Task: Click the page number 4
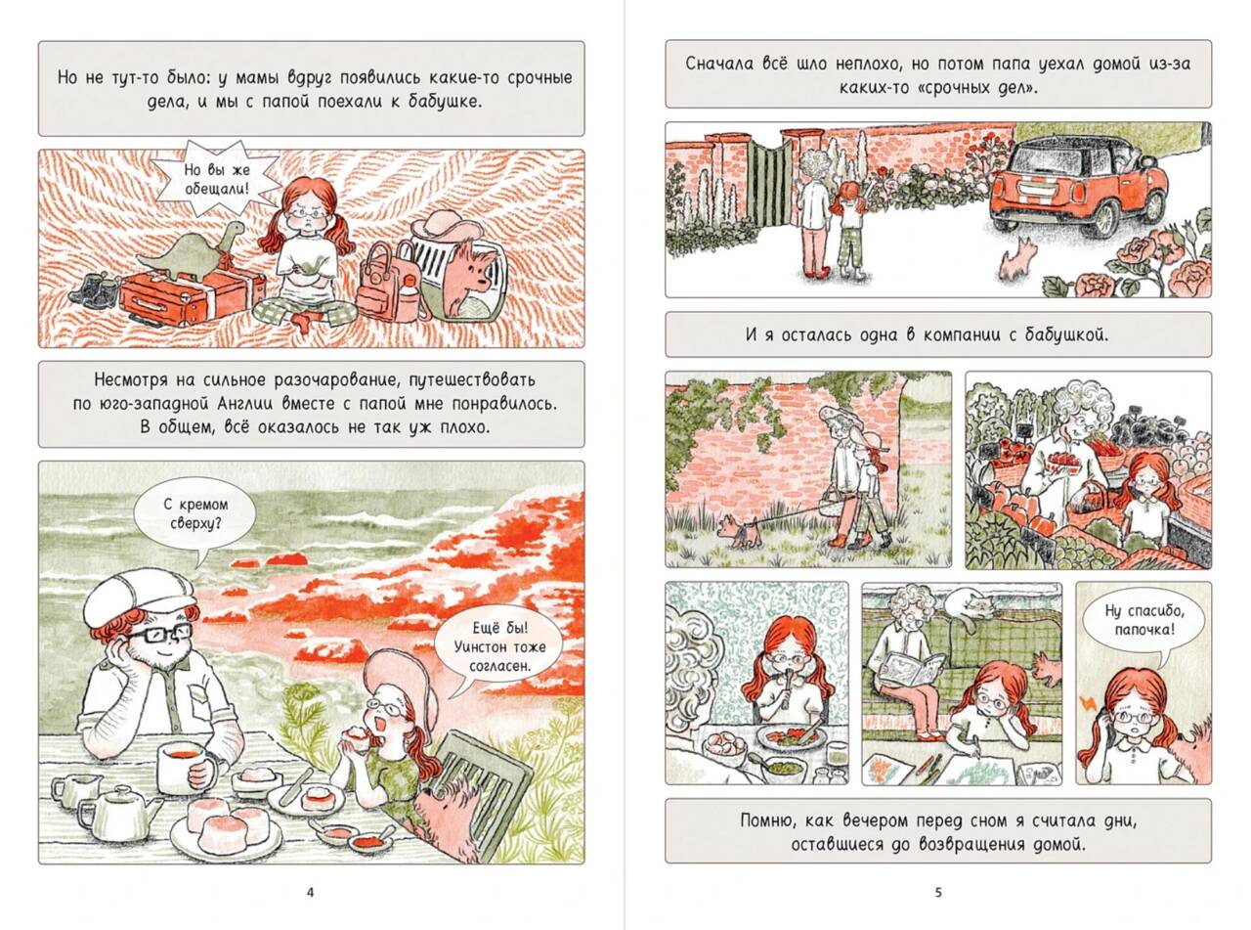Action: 310,892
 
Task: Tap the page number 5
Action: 938,892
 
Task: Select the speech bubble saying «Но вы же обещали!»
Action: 217,179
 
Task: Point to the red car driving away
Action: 1078,186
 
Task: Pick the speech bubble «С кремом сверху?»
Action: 195,516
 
